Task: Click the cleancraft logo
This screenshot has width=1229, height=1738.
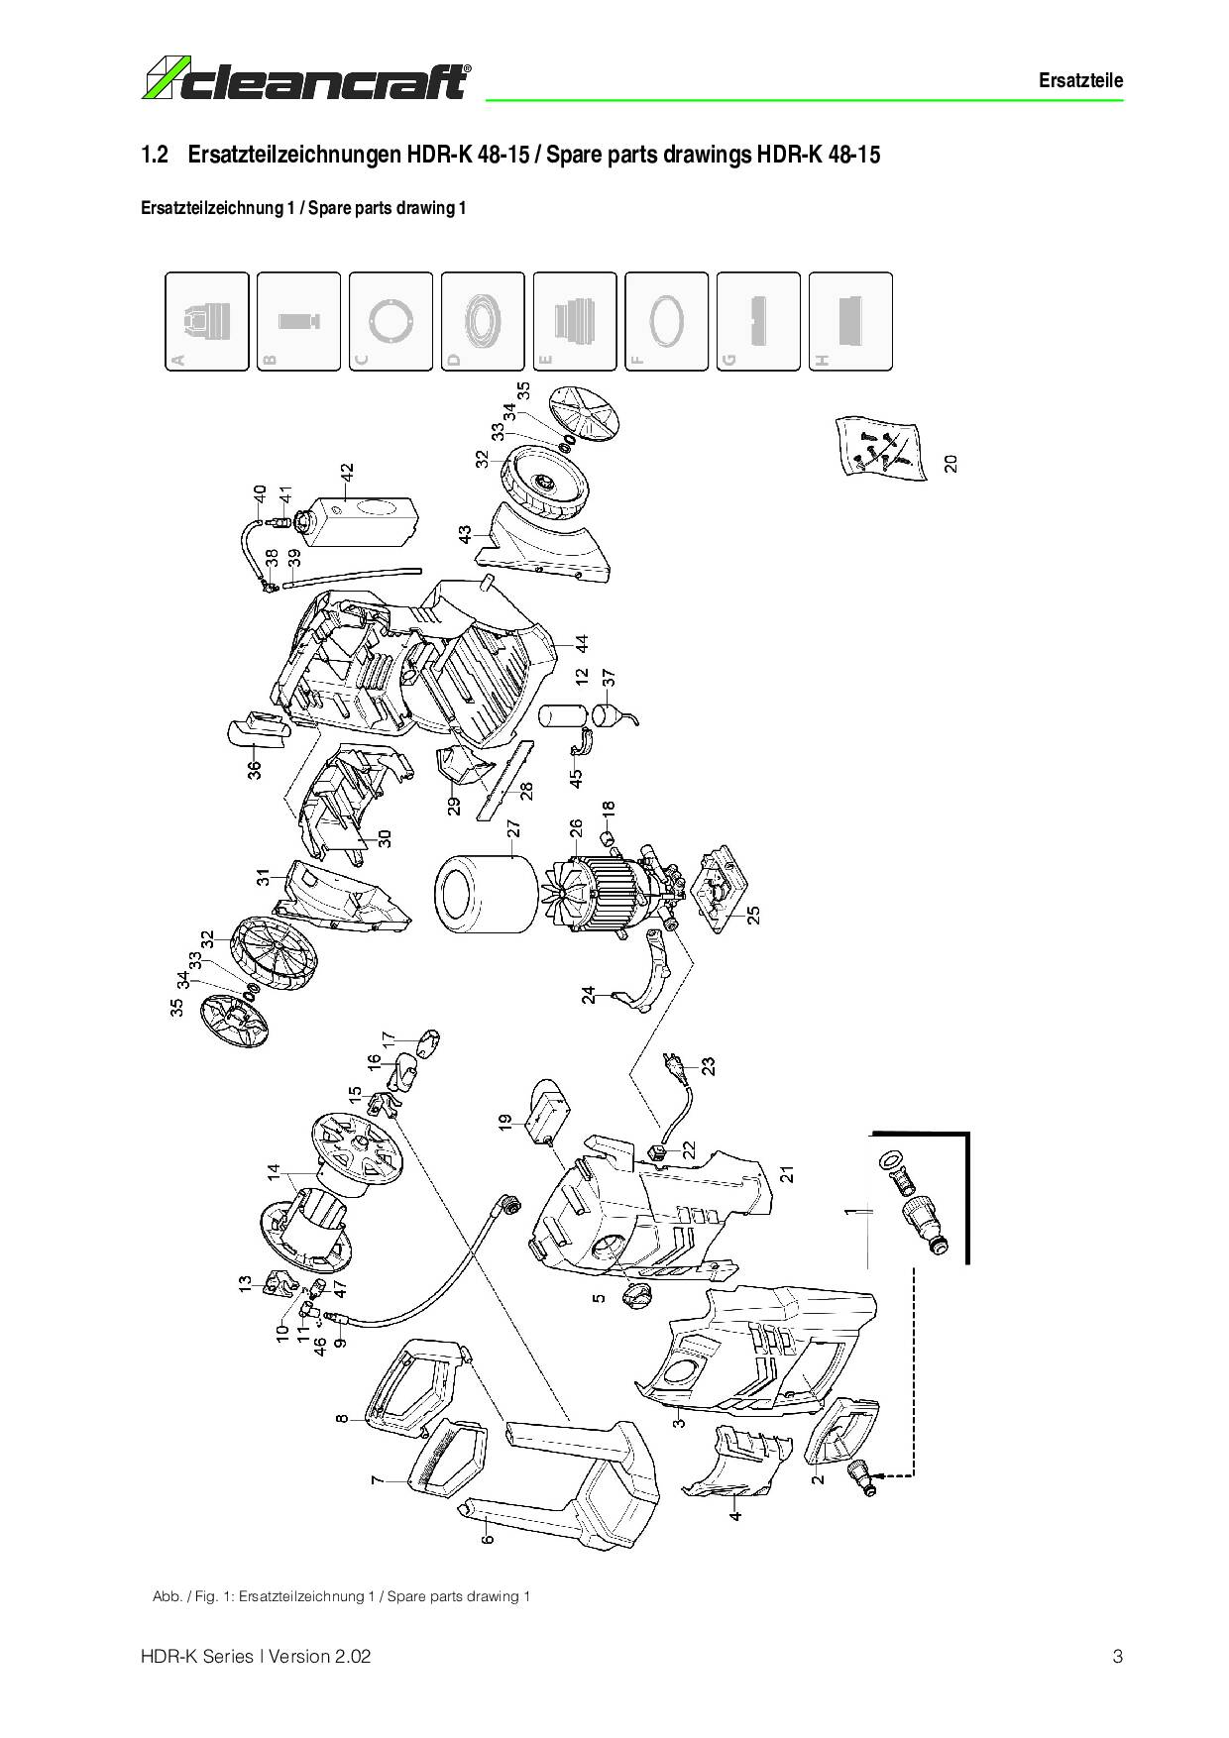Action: (x=307, y=80)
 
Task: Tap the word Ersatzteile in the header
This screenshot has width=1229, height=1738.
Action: (x=1080, y=81)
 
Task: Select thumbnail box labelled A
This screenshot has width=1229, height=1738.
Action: (x=206, y=321)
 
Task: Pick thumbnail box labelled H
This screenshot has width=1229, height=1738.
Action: (x=850, y=321)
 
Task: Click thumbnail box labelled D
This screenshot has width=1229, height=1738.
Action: (x=483, y=321)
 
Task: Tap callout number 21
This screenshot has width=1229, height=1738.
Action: (x=787, y=1173)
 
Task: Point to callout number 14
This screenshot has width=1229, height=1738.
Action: (x=274, y=1173)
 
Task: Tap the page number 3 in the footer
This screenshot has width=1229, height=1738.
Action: (x=1117, y=1656)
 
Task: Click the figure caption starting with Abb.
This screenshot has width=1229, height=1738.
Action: (x=342, y=1596)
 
